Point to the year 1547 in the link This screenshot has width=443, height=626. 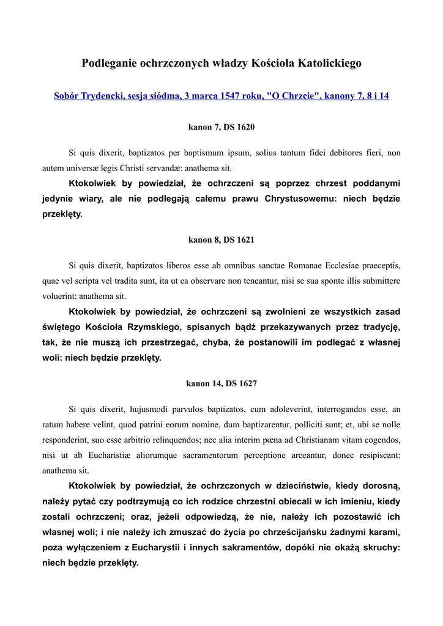[233, 96]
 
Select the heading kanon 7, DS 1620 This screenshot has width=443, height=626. [221, 127]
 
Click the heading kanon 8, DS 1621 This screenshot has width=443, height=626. [221, 240]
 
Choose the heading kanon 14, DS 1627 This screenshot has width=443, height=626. [221, 384]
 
